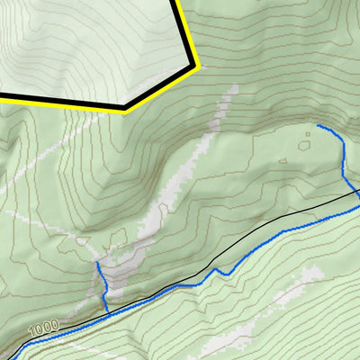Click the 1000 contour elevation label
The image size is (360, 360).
41,331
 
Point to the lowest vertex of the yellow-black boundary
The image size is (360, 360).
124,108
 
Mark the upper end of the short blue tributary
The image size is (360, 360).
96,265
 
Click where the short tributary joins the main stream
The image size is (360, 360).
108,311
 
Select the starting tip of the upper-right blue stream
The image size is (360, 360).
318,127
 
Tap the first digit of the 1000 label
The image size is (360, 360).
31,334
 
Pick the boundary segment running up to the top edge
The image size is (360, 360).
183,31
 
